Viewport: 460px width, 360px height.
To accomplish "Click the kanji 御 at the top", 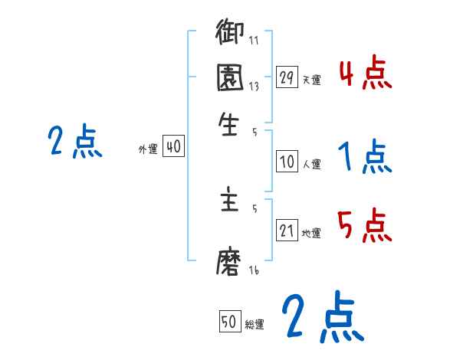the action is [229, 33].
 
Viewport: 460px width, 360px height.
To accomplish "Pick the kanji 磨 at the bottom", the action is [229, 263].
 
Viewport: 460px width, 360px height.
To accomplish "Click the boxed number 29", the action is [287, 77].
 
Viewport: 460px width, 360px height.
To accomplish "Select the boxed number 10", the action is [287, 162].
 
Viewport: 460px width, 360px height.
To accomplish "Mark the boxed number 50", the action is [229, 322].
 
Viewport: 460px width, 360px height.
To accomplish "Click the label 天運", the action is [311, 80].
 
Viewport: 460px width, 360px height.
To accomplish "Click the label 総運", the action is [255, 324].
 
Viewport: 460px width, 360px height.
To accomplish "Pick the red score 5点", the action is [365, 226].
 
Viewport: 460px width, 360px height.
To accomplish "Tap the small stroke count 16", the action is [254, 271].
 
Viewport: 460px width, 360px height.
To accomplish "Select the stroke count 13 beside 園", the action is [254, 87].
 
